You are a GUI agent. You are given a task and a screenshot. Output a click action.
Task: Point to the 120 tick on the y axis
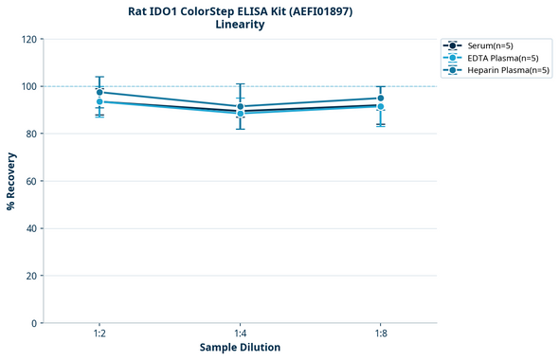click(30, 39)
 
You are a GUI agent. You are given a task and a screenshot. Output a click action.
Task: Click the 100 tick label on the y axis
click(30, 86)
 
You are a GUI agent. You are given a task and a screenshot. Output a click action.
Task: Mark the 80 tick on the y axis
click(32, 134)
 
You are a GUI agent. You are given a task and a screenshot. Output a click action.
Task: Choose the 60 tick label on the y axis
click(32, 181)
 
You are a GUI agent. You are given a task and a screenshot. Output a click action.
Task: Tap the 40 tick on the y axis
click(32, 228)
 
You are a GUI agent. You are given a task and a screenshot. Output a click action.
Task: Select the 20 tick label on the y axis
click(32, 276)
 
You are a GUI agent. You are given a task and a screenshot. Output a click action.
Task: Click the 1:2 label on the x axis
click(99, 333)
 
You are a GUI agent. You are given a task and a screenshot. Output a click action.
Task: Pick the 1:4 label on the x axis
click(241, 333)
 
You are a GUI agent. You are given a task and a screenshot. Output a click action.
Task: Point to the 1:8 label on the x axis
click(381, 333)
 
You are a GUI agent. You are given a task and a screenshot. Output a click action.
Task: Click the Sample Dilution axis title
click(240, 348)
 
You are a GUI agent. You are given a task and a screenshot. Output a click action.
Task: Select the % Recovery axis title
click(11, 181)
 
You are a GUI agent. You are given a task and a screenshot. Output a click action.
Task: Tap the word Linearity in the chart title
click(240, 25)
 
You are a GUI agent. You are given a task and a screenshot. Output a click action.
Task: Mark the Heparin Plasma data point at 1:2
click(99, 92)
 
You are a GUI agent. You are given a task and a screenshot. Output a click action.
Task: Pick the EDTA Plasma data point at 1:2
click(99, 101)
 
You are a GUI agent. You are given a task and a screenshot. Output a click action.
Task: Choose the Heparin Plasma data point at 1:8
click(381, 99)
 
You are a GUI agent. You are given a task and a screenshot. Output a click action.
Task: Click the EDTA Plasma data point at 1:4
click(241, 114)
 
